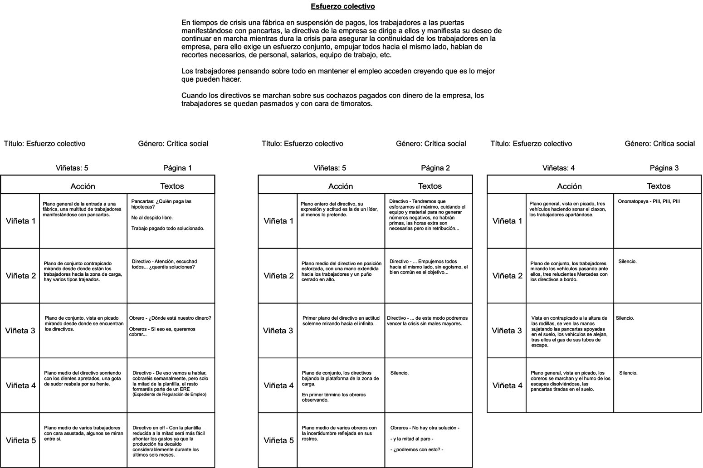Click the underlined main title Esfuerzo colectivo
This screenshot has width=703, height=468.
pos(342,6)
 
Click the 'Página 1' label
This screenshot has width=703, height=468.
pos(177,168)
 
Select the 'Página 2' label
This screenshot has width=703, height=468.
pos(435,168)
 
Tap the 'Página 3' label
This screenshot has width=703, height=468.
pos(664,168)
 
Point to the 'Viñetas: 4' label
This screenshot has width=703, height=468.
pos(558,168)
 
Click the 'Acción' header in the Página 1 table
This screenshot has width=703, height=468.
pos(83,186)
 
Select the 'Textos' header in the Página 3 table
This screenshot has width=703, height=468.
pos(659,186)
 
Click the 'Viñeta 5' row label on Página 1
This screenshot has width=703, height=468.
pos(20,440)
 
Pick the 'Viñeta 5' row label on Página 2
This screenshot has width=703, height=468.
pos(278,440)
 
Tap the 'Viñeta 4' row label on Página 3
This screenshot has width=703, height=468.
pos(507,385)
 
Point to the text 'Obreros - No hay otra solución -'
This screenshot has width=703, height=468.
pos(425,428)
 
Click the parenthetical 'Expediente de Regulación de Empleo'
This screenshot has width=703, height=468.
pos(169,395)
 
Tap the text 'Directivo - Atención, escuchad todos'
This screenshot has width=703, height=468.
pos(164,264)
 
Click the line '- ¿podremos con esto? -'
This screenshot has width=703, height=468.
pos(416,450)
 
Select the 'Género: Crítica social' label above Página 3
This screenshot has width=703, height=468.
pos(659,144)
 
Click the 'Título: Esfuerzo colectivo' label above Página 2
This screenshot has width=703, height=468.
pos(302,144)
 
